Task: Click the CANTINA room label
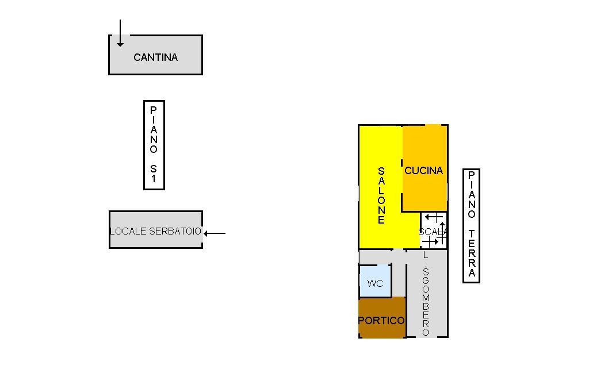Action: pyautogui.click(x=155, y=57)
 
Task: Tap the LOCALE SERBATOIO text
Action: pyautogui.click(x=155, y=232)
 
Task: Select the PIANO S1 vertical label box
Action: pyautogui.click(x=154, y=145)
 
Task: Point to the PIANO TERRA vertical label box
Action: pyautogui.click(x=472, y=225)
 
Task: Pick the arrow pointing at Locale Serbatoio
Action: pyautogui.click(x=215, y=233)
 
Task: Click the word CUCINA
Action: pyautogui.click(x=424, y=171)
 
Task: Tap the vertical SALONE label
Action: pyautogui.click(x=381, y=195)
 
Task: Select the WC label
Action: pyautogui.click(x=375, y=283)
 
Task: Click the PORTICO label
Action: pyautogui.click(x=381, y=321)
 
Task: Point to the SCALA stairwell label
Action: pyautogui.click(x=433, y=232)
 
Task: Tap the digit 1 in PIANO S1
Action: pyautogui.click(x=154, y=179)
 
